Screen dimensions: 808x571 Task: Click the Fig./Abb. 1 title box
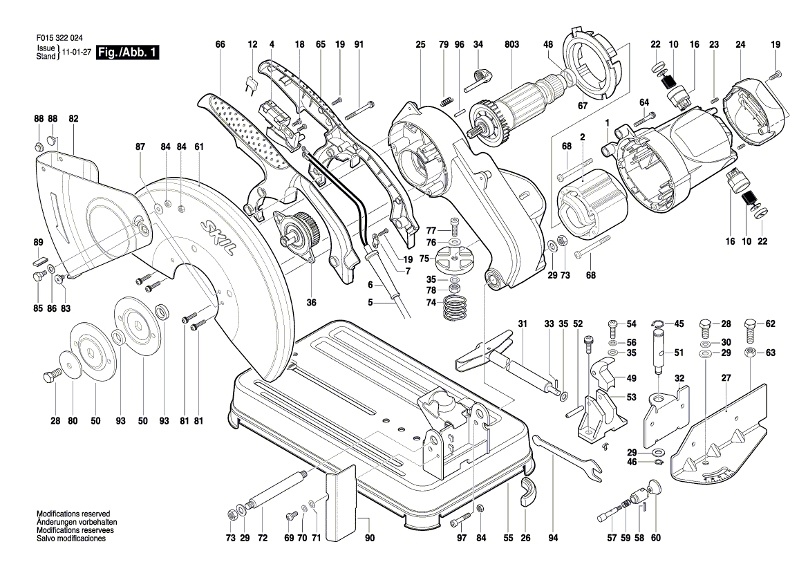(128, 52)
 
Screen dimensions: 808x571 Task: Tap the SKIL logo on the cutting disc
(218, 238)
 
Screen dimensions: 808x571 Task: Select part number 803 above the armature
(511, 45)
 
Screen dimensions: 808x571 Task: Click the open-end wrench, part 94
(567, 458)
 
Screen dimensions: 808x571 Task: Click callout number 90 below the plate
(370, 539)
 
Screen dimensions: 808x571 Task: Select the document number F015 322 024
(59, 38)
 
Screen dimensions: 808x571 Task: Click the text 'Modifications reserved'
(73, 514)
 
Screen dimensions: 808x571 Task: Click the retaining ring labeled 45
(656, 324)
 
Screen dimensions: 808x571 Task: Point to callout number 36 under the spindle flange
(311, 303)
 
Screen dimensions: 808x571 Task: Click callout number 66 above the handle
(220, 45)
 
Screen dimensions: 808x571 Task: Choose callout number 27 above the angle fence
(726, 377)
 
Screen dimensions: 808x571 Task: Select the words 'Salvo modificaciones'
(71, 539)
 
